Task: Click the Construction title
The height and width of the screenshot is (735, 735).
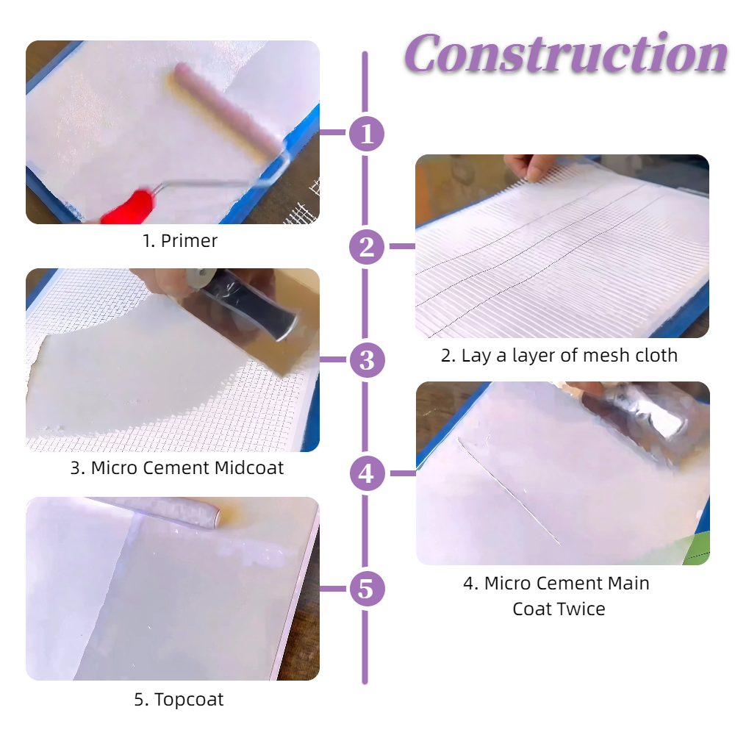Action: (x=566, y=54)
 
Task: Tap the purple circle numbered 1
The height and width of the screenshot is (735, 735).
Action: (x=367, y=134)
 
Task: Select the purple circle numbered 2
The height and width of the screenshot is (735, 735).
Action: (x=367, y=246)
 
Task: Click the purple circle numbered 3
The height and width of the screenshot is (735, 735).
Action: (x=367, y=360)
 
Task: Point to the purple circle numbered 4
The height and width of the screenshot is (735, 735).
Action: (x=367, y=473)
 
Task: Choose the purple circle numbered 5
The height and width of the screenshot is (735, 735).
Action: (x=367, y=589)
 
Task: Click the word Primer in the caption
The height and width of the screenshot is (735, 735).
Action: (x=189, y=241)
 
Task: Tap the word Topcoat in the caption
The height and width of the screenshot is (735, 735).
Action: (x=189, y=700)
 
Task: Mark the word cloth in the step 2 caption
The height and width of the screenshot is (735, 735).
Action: (x=656, y=355)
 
